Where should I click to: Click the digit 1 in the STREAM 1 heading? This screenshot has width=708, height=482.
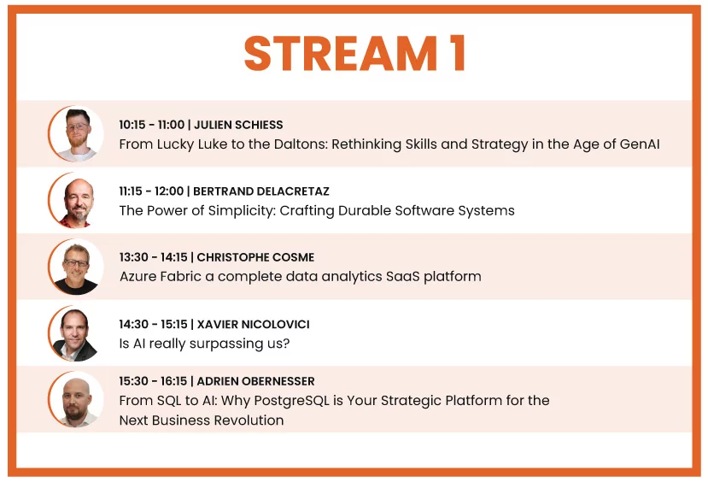[x=457, y=53]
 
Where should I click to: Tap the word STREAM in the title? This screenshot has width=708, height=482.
[x=341, y=53]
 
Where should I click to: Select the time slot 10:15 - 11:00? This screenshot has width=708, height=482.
[x=152, y=125]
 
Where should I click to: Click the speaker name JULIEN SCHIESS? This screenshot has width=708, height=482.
[x=238, y=125]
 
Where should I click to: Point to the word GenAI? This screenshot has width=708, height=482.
[x=640, y=144]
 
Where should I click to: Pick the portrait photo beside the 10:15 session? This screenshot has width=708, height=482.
[x=76, y=133]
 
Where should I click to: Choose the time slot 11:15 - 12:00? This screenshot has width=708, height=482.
[x=151, y=191]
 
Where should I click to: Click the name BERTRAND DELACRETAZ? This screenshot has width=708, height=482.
[x=261, y=191]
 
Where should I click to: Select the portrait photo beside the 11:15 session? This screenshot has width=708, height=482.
[x=76, y=200]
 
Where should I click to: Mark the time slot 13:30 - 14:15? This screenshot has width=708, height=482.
[x=153, y=257]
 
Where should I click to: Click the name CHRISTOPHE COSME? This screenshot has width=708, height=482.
[x=255, y=257]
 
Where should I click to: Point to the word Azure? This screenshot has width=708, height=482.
[x=138, y=276]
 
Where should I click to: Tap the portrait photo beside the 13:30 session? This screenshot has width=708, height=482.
[x=76, y=267]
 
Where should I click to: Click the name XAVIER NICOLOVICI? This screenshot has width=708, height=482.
[x=254, y=325]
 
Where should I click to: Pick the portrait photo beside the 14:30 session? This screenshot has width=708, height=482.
[x=76, y=333]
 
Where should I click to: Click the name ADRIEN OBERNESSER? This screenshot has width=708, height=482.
[x=255, y=381]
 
